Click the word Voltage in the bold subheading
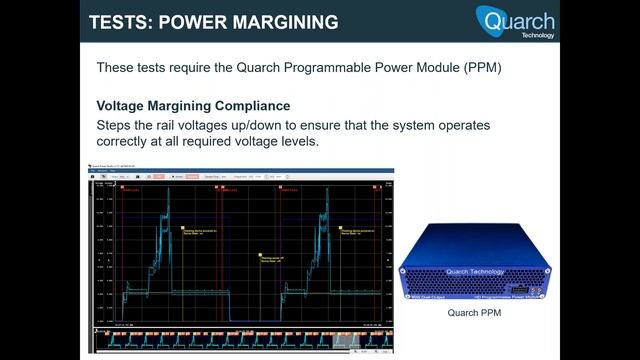pos(122,106)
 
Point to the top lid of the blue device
pos(470,240)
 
